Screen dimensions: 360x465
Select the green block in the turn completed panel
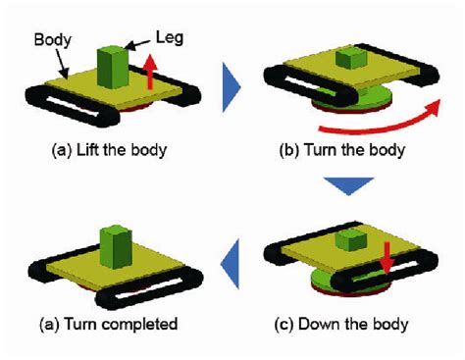click(x=116, y=245)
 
